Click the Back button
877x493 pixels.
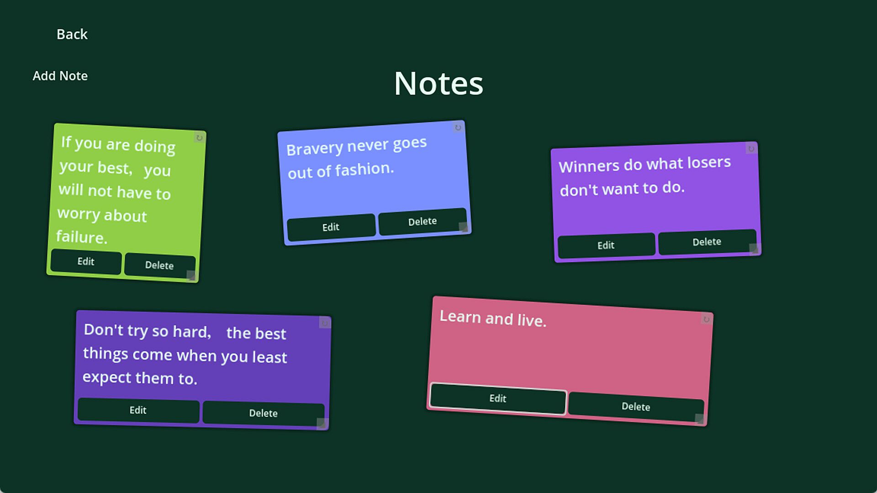pos(72,34)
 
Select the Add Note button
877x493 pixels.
pos(60,76)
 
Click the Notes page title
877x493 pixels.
pos(438,84)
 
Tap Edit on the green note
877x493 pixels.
pos(86,262)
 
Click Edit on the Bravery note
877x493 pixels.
pos(331,227)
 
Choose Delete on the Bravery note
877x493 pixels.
pos(422,222)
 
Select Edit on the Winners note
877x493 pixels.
pos(606,245)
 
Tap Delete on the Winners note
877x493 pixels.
pos(707,242)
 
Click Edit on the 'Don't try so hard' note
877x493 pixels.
pos(138,410)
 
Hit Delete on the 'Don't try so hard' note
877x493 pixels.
pos(263,413)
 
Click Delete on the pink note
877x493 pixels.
pos(636,407)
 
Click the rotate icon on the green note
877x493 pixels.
pos(199,137)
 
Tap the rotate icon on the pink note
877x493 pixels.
pos(706,319)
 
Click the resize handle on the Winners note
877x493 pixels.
pos(754,249)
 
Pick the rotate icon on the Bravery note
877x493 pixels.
pos(458,127)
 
